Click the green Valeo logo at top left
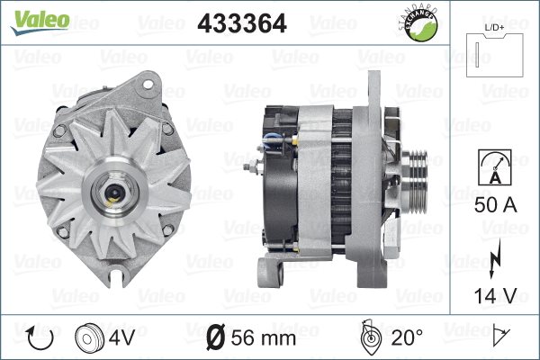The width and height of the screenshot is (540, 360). [x=40, y=22]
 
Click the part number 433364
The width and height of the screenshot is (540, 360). [x=242, y=23]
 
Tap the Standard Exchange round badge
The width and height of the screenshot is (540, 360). [x=419, y=24]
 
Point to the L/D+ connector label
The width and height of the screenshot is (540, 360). [x=494, y=28]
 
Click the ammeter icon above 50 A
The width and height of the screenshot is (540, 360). [x=495, y=167]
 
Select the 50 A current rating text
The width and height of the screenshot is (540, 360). [x=495, y=204]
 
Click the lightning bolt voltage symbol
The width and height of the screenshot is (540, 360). [x=495, y=258]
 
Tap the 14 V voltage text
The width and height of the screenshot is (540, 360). [x=495, y=295]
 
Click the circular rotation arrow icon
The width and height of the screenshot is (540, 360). [x=40, y=337]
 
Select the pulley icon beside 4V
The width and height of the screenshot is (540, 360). [x=89, y=338]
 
